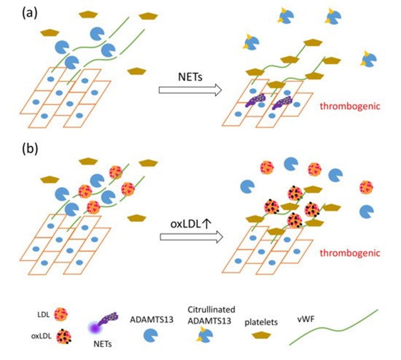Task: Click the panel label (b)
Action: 30,149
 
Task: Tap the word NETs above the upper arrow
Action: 190,76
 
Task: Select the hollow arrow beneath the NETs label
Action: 190,90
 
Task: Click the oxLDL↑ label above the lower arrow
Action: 191,224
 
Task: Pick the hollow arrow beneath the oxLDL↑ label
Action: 191,237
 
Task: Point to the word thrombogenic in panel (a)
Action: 350,106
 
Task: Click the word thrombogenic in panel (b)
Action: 350,253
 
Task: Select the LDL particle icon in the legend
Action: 61,314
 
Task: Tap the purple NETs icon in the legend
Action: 103,323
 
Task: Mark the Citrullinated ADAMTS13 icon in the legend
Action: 205,335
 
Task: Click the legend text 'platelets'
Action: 261,322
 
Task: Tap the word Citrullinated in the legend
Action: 211,310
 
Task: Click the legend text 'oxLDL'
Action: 41,336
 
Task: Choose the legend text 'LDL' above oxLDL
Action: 43,314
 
